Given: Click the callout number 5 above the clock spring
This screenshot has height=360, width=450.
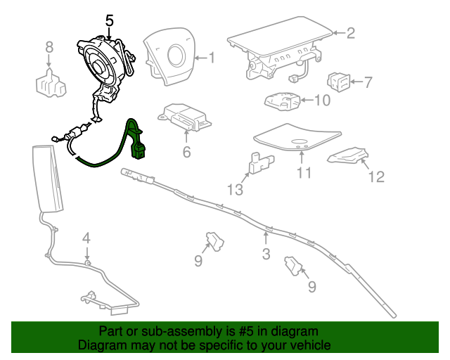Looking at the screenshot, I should click(109, 20).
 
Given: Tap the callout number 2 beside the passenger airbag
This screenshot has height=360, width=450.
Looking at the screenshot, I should click(351, 32).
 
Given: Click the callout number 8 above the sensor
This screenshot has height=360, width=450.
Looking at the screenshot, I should click(49, 47).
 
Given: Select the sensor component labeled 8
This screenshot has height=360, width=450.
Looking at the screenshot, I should click(50, 84).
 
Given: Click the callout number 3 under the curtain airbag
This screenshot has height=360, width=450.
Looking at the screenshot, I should click(266, 254).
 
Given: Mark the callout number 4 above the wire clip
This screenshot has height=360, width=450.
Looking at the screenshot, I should click(86, 237).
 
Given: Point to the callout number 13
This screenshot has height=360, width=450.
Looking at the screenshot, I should click(234, 189).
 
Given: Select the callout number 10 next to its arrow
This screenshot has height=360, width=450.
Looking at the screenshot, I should click(321, 100).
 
